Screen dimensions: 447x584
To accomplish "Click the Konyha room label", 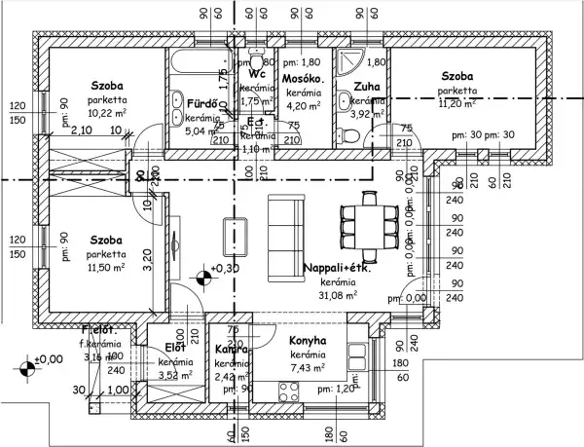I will coord(308,340).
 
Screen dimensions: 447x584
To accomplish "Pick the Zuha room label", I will coord(367,86).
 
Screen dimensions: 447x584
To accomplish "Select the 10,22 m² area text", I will coord(107,112).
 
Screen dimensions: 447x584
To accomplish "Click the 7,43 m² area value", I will coord(307,367).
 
